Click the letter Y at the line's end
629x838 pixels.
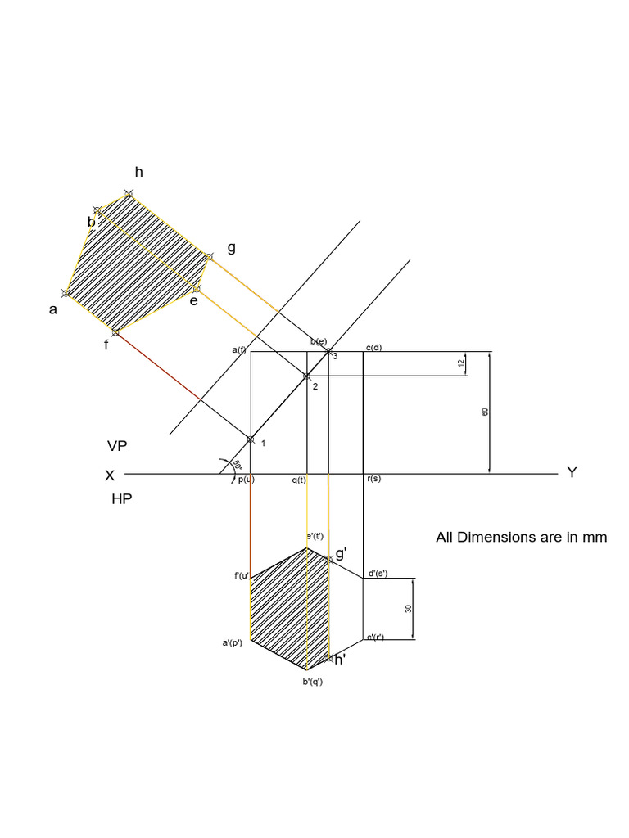coord(572,473)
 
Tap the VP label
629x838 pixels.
coord(118,446)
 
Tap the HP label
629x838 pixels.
coord(122,498)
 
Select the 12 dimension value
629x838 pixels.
coord(461,363)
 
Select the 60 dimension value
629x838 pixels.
coord(485,412)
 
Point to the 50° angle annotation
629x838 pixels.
coord(237,465)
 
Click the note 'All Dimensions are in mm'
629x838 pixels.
coord(522,538)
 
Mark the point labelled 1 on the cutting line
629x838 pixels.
coord(251,439)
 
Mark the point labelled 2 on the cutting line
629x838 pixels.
coord(307,376)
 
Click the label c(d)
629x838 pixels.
coord(373,348)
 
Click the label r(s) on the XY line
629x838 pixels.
coord(373,479)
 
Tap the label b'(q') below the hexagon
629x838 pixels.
coord(313,682)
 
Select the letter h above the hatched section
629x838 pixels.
coord(138,172)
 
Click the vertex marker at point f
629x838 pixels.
coord(115,332)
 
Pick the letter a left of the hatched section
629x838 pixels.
coord(53,309)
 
